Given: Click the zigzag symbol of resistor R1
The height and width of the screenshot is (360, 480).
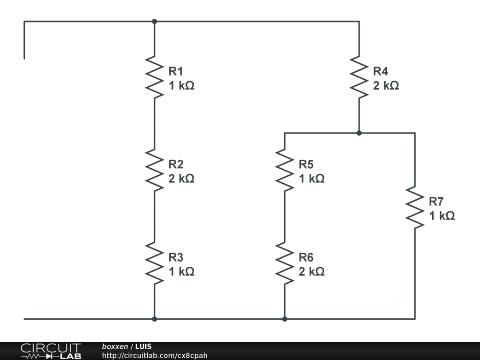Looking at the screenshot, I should (154, 77).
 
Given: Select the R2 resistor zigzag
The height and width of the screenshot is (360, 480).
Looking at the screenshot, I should (154, 170).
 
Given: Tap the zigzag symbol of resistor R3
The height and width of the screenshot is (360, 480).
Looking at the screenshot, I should (154, 263).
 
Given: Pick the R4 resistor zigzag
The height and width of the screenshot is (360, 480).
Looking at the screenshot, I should (359, 77).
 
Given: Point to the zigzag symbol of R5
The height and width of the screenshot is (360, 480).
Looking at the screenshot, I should (285, 170).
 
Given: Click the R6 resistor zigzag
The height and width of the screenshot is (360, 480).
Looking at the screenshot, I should (285, 263).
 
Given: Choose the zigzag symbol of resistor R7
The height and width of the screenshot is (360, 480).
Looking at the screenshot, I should (415, 207).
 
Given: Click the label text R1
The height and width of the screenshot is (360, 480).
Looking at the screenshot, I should (176, 71).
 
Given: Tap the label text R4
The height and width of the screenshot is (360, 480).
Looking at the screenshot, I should (381, 71).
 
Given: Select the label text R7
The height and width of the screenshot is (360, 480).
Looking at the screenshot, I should (436, 202).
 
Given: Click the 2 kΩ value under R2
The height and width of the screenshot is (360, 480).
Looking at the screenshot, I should (181, 179).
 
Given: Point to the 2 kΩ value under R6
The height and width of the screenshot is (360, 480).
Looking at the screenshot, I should (312, 272).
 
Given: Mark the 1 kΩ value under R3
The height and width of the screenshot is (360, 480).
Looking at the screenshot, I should (181, 272).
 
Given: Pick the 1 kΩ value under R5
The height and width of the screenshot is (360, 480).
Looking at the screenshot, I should (312, 179).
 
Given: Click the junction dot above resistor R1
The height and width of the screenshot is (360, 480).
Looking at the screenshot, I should (154, 21).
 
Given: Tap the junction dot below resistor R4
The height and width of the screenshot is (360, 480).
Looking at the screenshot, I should (359, 133).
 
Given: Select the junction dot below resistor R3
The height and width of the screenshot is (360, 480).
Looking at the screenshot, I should (154, 319).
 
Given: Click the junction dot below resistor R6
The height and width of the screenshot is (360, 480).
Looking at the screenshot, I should (285, 319).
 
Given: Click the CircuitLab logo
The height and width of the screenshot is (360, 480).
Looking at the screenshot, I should (51, 351).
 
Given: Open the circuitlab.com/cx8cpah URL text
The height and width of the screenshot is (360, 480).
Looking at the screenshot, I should (155, 356).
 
